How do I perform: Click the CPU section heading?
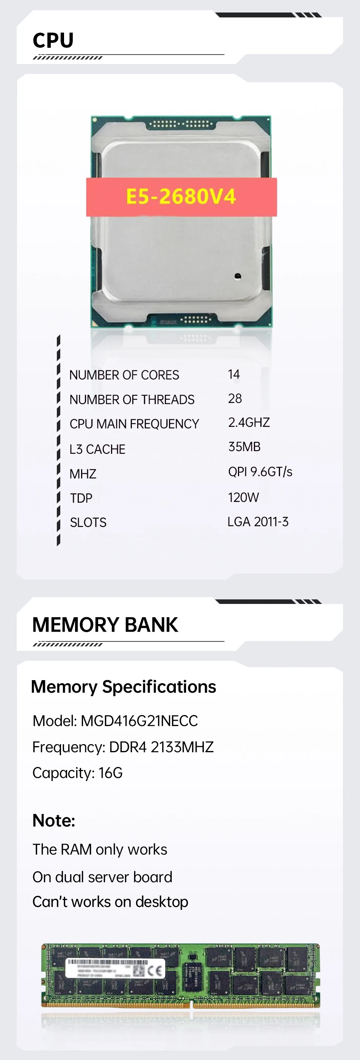[53, 40]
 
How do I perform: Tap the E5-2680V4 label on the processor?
[181, 196]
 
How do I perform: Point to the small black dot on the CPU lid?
[237, 276]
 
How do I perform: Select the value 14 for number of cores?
[234, 374]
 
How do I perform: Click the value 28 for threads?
[235, 398]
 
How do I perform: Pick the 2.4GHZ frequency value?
[249, 423]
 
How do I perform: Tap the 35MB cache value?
[244, 447]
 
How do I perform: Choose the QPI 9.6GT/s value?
[260, 472]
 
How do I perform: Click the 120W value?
[244, 497]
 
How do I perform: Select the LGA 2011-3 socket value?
[258, 522]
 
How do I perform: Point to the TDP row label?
[81, 498]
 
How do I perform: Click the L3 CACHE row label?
[97, 449]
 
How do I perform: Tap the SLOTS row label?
[88, 522]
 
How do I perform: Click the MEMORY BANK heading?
[105, 625]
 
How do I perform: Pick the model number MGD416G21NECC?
[139, 721]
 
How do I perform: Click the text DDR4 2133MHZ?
[161, 747]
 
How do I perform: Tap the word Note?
[54, 820]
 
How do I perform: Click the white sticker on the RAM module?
[115, 969]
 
